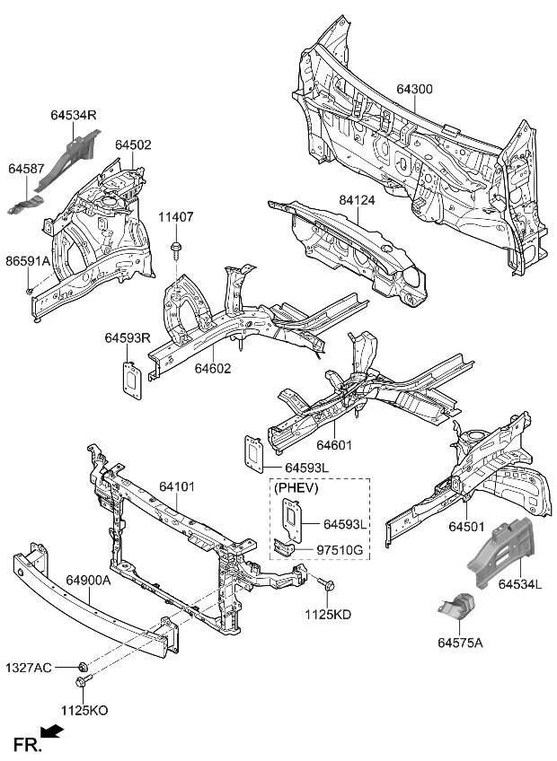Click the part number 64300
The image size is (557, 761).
coord(414,90)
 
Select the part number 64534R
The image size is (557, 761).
coord(74,116)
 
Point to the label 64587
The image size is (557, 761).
coord(27,168)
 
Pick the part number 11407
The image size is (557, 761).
coord(176,217)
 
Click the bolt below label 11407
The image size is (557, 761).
coord(176,247)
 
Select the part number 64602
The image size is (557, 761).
coord(214,368)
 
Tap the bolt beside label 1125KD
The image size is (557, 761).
coord(327,585)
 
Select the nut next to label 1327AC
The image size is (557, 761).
coord(83,666)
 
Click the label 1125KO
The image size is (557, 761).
coord(84,710)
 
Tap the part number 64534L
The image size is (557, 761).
coord(520,585)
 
